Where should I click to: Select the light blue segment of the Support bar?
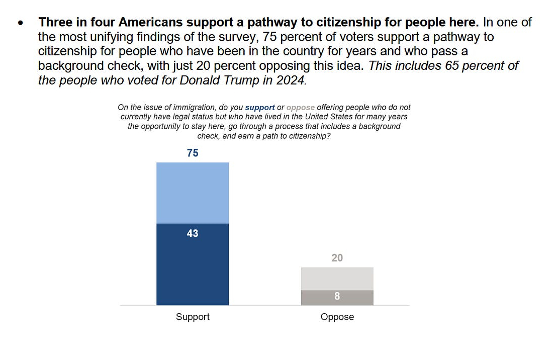(193, 193)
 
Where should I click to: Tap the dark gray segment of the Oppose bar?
(337, 298)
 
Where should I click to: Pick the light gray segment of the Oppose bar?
(337, 279)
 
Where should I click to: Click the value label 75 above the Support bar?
(193, 153)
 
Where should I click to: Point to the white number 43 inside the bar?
(193, 233)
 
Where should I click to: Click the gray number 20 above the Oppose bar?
(337, 258)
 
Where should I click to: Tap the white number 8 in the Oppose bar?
(337, 297)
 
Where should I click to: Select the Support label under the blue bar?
(193, 317)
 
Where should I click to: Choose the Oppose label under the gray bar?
(337, 317)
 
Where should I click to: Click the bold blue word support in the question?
(260, 108)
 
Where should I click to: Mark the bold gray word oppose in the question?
(300, 108)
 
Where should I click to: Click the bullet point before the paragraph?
(20, 24)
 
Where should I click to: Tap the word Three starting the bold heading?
(55, 23)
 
